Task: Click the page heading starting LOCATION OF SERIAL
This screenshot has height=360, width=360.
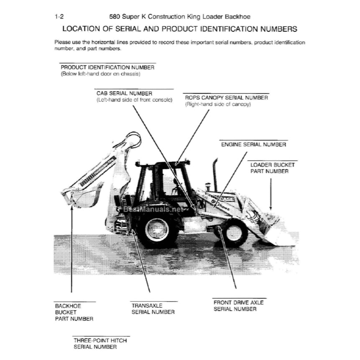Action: click(180, 29)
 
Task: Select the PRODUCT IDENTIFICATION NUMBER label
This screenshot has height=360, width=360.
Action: click(108, 67)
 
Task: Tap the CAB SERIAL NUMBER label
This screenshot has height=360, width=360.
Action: click(124, 93)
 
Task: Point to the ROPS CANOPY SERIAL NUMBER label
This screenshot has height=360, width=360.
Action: click(226, 97)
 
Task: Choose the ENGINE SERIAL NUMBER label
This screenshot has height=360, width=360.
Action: click(253, 144)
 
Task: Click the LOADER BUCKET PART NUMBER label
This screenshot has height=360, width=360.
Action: click(272, 168)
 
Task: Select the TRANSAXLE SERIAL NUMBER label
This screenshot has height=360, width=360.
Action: click(153, 308)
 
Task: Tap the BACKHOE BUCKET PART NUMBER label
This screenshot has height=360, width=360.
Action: click(74, 312)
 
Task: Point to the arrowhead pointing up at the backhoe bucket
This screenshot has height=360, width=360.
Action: click(72, 207)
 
